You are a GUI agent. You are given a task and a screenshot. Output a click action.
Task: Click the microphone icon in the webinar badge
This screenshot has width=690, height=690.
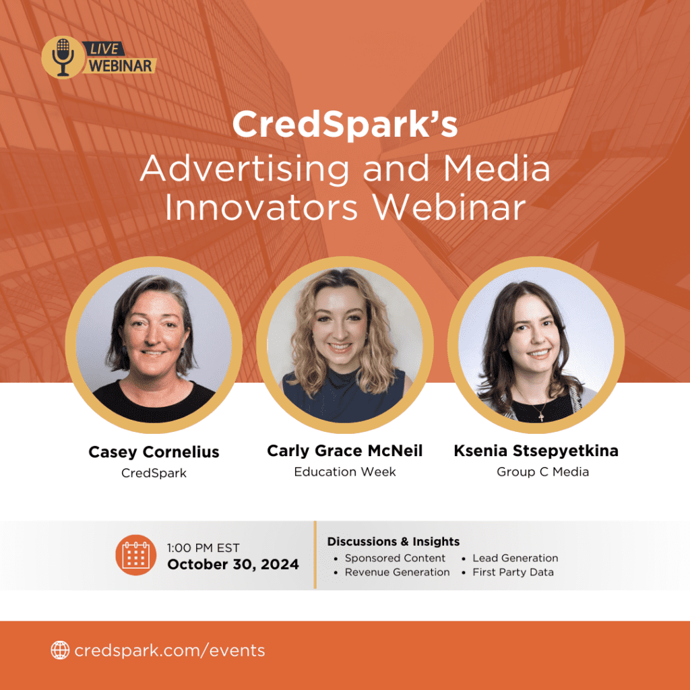click(x=63, y=57)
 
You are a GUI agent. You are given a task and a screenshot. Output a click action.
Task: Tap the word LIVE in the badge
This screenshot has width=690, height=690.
click(x=104, y=49)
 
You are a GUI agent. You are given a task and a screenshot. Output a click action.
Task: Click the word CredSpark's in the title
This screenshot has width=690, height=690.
click(x=345, y=124)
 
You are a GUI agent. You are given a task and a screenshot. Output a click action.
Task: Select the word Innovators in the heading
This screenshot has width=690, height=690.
click(x=261, y=208)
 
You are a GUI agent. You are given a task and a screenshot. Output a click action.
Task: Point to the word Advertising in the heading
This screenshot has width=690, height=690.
click(x=244, y=168)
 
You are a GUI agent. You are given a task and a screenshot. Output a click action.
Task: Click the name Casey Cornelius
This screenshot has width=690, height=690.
click(x=154, y=452)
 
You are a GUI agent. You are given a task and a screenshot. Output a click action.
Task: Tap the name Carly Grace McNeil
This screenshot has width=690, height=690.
click(x=344, y=451)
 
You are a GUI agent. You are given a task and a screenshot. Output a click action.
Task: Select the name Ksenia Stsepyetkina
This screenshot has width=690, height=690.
click(x=536, y=451)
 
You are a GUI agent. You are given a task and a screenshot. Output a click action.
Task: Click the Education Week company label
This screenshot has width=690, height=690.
click(x=345, y=472)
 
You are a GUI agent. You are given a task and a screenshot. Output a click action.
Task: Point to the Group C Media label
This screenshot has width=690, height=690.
click(x=542, y=472)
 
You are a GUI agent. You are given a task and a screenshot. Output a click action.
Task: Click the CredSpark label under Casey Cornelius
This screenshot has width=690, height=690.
click(x=154, y=473)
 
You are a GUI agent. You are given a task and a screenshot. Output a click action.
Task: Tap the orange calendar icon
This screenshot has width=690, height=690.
click(x=136, y=555)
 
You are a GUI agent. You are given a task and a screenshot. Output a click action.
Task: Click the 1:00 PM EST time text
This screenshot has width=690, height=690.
click(x=203, y=548)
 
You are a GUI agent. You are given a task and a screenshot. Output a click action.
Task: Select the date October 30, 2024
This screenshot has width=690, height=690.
click(x=233, y=565)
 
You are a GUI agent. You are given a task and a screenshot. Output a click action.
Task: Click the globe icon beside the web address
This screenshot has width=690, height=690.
click(x=60, y=650)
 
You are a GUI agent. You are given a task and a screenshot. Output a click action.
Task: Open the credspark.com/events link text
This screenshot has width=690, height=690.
click(x=170, y=650)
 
